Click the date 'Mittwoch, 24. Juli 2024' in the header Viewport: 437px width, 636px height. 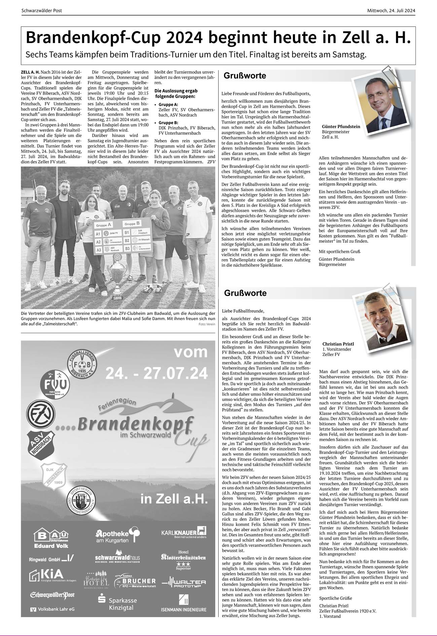[391, 11]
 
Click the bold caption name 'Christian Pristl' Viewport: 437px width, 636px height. [338, 344]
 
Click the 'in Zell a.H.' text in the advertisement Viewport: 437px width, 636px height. [174, 499]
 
